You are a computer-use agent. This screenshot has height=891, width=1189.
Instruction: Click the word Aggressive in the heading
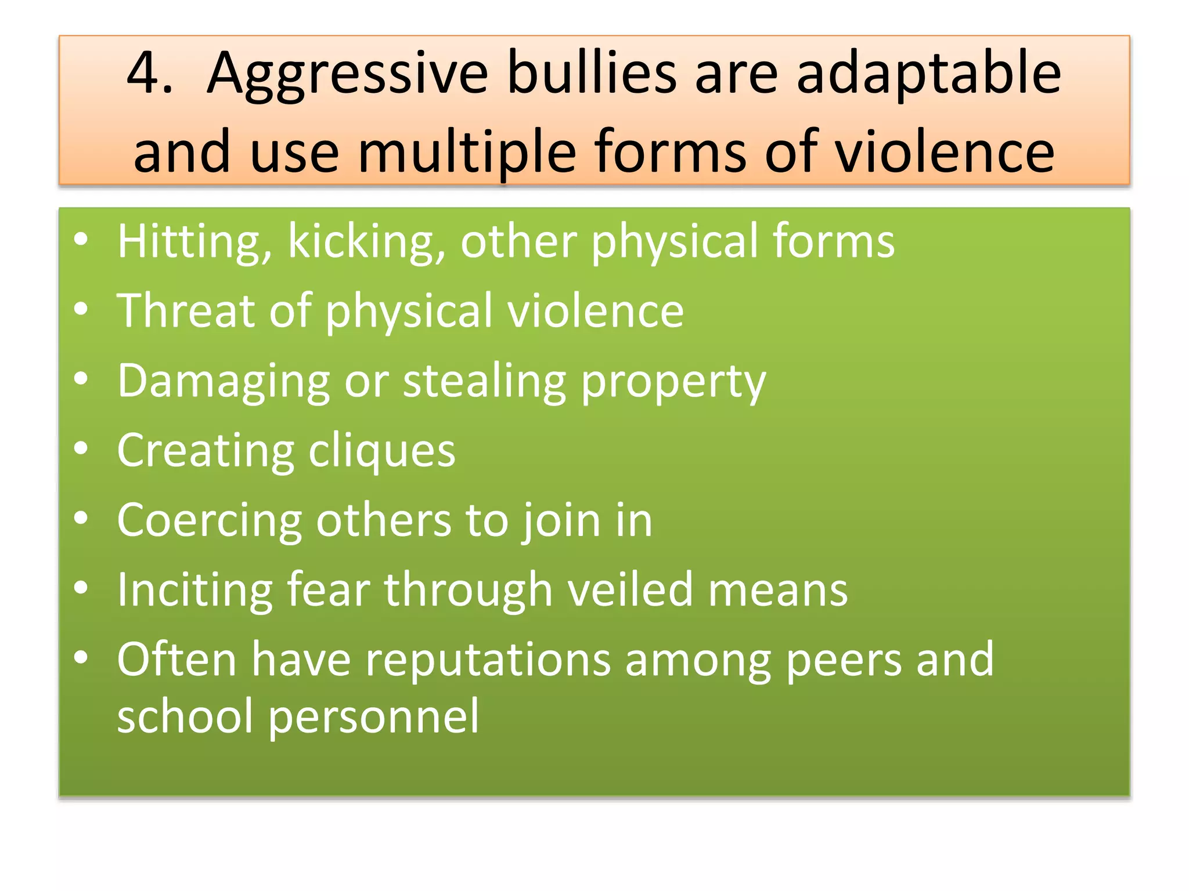click(x=347, y=75)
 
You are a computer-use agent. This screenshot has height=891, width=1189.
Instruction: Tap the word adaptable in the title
click(x=928, y=75)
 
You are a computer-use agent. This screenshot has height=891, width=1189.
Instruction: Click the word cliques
click(x=382, y=451)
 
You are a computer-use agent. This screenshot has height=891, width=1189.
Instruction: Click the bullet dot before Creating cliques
click(x=81, y=448)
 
